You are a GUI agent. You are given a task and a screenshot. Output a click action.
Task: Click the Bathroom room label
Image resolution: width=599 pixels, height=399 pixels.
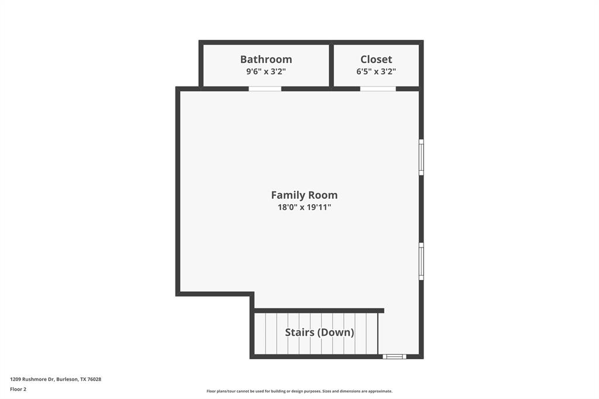click(266, 59)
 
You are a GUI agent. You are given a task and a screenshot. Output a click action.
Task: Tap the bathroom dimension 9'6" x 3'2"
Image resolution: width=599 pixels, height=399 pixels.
click(266, 71)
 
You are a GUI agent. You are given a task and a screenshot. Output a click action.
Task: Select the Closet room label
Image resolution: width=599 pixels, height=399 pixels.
click(376, 59)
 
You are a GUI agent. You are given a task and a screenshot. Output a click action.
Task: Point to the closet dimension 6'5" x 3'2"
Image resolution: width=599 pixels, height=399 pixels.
click(376, 71)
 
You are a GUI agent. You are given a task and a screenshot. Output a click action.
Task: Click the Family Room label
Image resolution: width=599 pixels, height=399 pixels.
click(304, 195)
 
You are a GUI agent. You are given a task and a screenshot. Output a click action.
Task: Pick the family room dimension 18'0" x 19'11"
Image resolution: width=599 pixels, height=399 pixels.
click(304, 207)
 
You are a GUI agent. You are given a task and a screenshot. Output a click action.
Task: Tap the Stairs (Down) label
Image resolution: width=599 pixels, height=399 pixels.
click(319, 332)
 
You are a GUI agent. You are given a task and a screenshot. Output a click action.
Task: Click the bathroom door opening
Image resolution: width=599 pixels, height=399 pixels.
click(265, 89)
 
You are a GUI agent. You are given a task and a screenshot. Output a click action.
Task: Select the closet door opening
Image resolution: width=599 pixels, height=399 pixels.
click(378, 89)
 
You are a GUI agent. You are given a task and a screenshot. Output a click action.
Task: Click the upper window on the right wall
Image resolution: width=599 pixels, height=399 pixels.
click(421, 157)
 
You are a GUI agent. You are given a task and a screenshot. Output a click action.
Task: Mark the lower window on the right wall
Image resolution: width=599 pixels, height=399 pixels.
click(421, 261)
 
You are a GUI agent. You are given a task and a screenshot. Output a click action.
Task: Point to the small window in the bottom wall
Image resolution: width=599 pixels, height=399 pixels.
click(394, 356)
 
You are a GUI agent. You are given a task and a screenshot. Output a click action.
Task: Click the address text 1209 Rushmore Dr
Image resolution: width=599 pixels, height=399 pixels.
click(32, 379)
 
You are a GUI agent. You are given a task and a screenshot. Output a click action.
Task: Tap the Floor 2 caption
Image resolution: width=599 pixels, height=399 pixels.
click(18, 389)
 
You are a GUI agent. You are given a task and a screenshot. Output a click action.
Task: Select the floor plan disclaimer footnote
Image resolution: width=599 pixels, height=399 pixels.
click(299, 391)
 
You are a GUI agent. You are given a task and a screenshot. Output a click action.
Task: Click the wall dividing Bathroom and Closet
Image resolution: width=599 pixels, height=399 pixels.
click(331, 65)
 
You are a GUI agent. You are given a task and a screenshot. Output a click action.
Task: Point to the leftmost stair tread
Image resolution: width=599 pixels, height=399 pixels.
click(260, 333)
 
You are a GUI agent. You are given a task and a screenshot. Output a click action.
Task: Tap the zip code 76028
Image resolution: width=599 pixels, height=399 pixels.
click(94, 379)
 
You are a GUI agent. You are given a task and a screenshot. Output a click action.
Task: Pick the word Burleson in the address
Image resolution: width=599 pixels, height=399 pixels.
click(67, 379)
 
